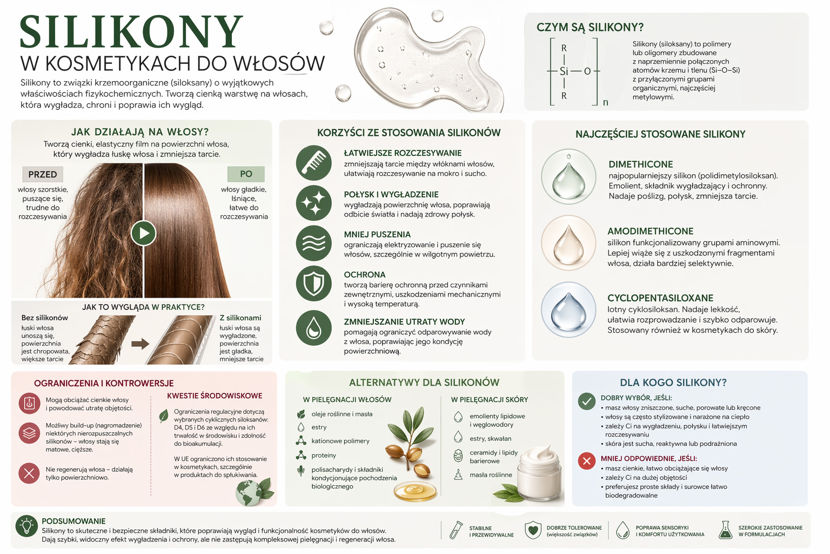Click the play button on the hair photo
point(143,233)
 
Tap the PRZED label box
point(43,174)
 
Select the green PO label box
point(246,174)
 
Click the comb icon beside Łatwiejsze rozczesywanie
point(313,163)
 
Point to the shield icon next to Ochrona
point(313,283)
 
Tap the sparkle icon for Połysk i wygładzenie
point(313,203)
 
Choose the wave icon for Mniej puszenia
point(313,243)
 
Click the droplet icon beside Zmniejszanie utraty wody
point(313,328)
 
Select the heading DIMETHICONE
point(641,164)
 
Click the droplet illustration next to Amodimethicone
point(568,243)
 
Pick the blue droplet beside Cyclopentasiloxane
point(568,309)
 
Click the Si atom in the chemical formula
point(564,71)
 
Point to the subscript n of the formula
point(605,102)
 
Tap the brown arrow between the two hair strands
point(140,344)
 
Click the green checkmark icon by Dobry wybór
point(586,401)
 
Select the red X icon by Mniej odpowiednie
point(586,461)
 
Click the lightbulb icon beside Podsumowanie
point(26,526)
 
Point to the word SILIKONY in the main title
point(131,32)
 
